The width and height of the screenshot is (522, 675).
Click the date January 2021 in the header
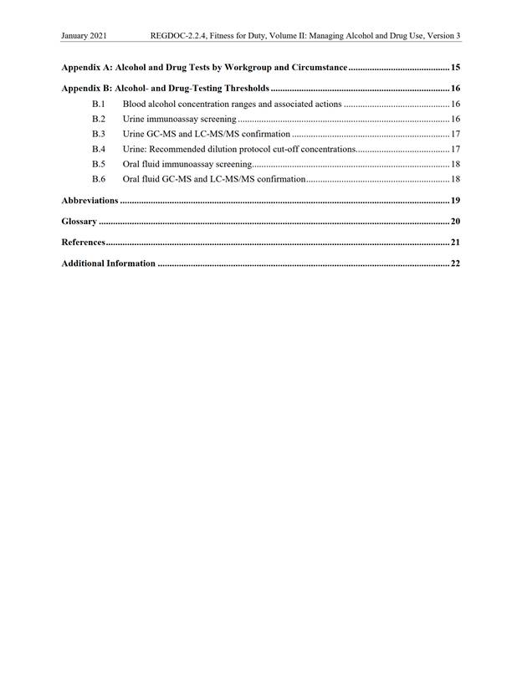pos(84,37)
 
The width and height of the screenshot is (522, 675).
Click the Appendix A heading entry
pos(204,67)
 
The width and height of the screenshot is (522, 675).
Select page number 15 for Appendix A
pos(455,67)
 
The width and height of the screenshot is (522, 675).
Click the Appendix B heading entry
pos(165,88)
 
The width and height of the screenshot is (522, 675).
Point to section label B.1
pos(99,104)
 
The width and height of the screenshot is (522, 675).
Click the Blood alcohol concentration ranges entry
pos(232,104)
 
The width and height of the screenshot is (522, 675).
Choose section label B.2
pos(99,119)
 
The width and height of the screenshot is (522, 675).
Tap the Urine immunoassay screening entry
pos(179,119)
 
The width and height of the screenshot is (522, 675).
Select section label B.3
pos(99,134)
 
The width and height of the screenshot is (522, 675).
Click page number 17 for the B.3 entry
pos(456,134)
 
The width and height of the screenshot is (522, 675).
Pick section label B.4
pos(99,149)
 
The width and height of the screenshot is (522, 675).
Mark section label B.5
pos(99,164)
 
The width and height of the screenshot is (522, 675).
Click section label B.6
pos(99,179)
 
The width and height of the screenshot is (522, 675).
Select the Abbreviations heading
pos(90,201)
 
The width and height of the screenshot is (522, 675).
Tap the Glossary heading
pos(79,222)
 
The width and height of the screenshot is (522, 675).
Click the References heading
pos(83,243)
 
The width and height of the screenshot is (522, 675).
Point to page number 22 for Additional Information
pos(456,263)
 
